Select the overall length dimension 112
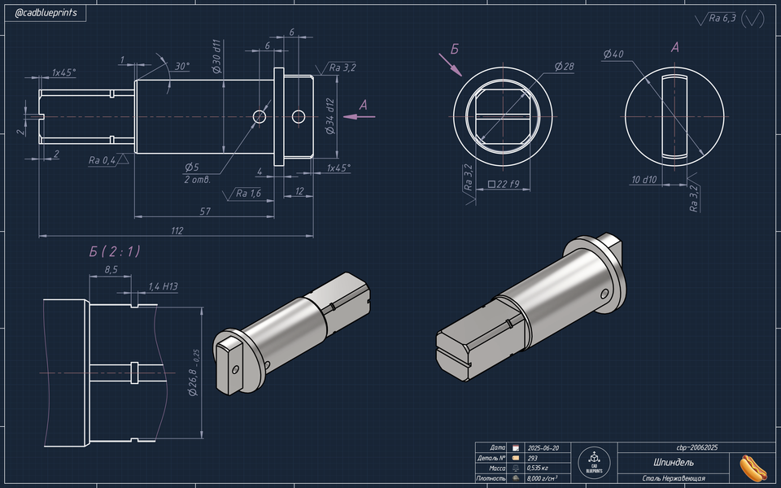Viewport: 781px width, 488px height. pyautogui.click(x=177, y=230)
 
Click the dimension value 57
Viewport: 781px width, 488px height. pyautogui.click(x=205, y=211)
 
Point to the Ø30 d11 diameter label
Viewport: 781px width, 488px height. pyautogui.click(x=217, y=57)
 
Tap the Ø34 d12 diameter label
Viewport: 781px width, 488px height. pyautogui.click(x=330, y=117)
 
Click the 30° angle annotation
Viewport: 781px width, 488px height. pyautogui.click(x=182, y=66)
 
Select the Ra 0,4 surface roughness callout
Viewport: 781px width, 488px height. pyautogui.click(x=103, y=160)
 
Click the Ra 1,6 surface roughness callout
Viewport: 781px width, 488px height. pyautogui.click(x=247, y=194)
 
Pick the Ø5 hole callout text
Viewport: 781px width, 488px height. pyautogui.click(x=192, y=167)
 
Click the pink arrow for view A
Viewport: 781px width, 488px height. pyautogui.click(x=359, y=116)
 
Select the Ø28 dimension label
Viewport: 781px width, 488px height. pyautogui.click(x=564, y=66)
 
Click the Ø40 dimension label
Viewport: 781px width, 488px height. pyautogui.click(x=613, y=54)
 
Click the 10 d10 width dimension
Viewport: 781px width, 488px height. pyautogui.click(x=644, y=180)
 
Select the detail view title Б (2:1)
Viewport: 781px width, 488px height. pyautogui.click(x=115, y=251)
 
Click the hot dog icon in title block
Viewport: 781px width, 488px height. pyautogui.click(x=753, y=467)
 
